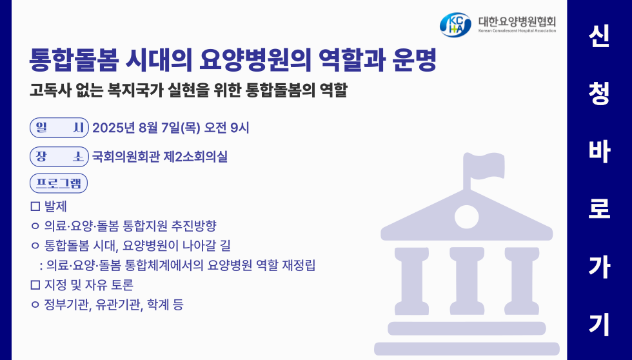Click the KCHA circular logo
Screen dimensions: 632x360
click(455, 25)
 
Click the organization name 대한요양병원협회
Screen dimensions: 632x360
click(517, 21)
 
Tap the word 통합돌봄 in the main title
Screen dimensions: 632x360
click(74, 60)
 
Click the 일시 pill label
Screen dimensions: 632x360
click(59, 128)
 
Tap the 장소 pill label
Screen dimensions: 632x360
click(59, 157)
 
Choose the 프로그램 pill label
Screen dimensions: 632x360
click(59, 183)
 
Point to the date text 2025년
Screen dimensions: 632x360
click(114, 128)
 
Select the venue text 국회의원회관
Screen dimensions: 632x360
click(126, 156)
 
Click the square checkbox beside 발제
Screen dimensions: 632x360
click(35, 206)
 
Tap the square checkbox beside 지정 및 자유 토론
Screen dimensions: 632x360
click(35, 285)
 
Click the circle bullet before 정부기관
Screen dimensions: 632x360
click(35, 305)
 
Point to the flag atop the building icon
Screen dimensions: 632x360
click(484, 166)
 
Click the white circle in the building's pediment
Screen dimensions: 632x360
click(467, 217)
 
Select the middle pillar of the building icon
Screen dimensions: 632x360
click(467, 281)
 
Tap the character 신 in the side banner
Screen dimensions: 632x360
click(599, 36)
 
